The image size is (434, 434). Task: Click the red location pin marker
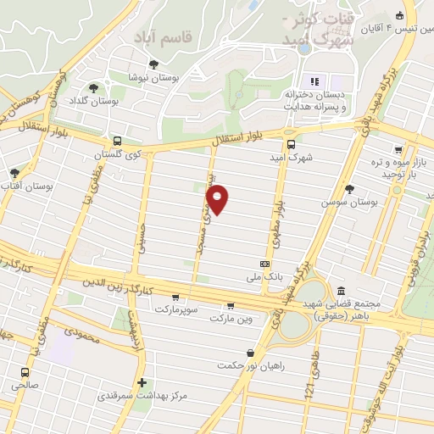(x=218, y=200)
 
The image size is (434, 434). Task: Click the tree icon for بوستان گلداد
(x=93, y=87)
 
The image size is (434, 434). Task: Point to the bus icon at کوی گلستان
(x=117, y=142)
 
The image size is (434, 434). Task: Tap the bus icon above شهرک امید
(x=291, y=143)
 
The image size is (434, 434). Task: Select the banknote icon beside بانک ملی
(x=264, y=264)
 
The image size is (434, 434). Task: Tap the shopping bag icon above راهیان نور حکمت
(x=250, y=353)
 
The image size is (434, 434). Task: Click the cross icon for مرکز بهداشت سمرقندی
(x=142, y=382)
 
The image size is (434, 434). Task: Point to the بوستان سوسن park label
(x=348, y=203)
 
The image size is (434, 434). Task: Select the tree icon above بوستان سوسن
(x=348, y=188)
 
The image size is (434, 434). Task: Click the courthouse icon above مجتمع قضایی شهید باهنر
(x=341, y=290)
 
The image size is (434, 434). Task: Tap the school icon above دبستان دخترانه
(x=314, y=81)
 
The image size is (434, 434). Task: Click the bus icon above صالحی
(x=26, y=371)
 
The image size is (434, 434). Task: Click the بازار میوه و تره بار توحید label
(x=401, y=167)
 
